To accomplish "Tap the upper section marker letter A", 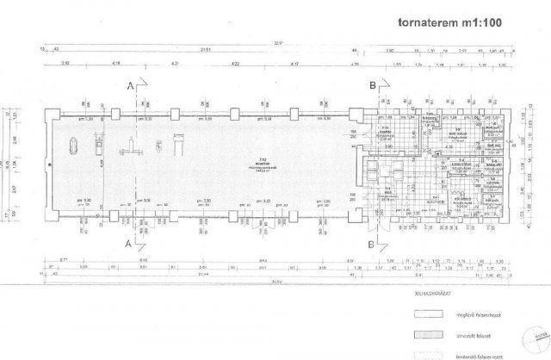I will [x=129, y=86].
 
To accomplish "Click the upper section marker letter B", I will [x=372, y=86].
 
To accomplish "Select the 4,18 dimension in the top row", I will [x=117, y=64].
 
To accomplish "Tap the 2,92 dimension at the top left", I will [x=65, y=64].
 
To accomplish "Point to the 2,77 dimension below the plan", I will [x=64, y=258].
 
